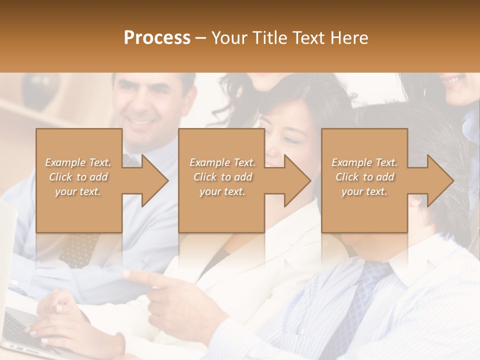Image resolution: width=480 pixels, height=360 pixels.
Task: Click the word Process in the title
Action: [x=157, y=37]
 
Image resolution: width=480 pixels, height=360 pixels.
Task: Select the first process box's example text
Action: [x=78, y=176]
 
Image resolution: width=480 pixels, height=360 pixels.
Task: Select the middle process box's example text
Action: [x=222, y=176]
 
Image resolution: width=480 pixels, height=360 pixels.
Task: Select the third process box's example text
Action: [x=364, y=176]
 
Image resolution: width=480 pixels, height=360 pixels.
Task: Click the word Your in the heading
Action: [x=227, y=37]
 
